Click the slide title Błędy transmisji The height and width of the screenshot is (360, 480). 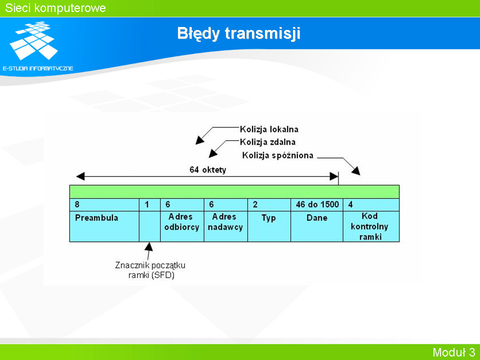point(239,33)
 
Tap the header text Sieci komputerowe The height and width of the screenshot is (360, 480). point(55,8)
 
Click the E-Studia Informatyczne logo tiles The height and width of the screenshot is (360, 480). point(33,40)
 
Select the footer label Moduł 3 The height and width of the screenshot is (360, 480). point(453,352)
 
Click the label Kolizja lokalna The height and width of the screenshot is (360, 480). point(269,129)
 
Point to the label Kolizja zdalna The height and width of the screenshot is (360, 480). point(267,142)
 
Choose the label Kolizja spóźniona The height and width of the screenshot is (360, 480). point(277,155)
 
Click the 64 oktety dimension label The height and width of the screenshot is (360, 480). point(208,169)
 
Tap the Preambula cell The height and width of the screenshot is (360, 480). point(104,226)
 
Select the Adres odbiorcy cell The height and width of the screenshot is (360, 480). point(182,226)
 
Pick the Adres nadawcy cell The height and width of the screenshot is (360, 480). point(226,226)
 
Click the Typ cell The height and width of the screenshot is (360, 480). point(269,226)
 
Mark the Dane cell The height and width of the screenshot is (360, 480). point(317,226)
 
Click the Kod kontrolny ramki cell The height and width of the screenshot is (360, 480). point(371,226)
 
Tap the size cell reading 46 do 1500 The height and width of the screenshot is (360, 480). point(317,204)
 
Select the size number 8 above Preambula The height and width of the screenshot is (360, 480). point(77,204)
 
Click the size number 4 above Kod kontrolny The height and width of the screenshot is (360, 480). point(350,204)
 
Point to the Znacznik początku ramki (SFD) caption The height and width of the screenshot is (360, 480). point(150,270)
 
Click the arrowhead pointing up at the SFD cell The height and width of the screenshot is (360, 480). point(149,246)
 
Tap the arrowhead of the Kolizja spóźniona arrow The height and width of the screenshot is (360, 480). point(356,170)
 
